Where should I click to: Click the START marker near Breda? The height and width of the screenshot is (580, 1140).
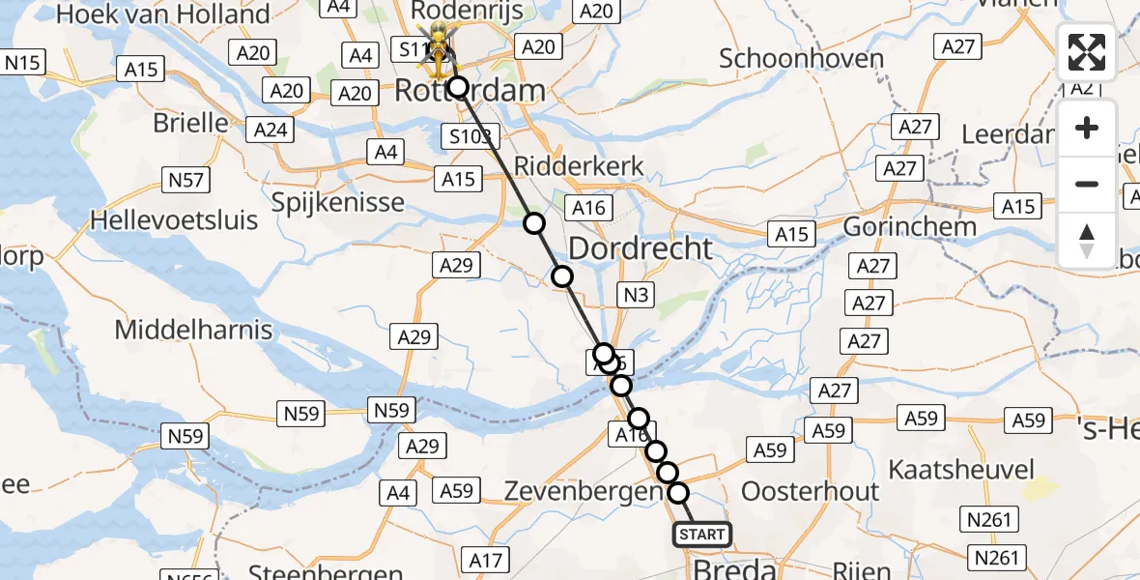[701, 535]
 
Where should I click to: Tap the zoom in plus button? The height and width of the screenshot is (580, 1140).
[1087, 129]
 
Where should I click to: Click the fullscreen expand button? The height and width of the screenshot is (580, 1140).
[1087, 52]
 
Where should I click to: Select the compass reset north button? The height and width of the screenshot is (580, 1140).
[1087, 240]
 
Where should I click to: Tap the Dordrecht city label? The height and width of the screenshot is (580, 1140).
[641, 248]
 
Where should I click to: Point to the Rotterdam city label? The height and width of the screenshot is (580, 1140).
[469, 92]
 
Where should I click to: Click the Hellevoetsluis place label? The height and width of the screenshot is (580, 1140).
[174, 219]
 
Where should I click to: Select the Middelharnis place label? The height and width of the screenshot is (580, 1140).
[193, 330]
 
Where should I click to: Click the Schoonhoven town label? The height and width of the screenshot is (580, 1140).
[802, 58]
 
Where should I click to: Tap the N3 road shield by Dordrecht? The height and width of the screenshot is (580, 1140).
[636, 296]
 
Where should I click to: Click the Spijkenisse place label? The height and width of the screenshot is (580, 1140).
[324, 202]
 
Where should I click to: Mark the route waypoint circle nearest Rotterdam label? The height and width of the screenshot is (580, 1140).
[456, 88]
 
